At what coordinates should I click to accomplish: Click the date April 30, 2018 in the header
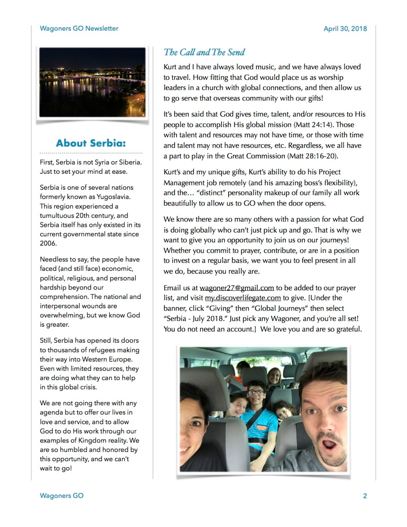[345, 29]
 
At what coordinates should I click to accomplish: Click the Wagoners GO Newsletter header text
[79, 29]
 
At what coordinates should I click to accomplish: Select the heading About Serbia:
[91, 143]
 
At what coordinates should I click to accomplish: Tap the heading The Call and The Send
[204, 52]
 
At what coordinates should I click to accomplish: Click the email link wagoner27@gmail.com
[236, 288]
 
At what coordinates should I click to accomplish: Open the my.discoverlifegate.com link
[242, 298]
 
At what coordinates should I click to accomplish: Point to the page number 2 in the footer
[365, 496]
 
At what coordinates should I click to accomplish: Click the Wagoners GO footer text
[62, 496]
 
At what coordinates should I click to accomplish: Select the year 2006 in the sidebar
[48, 243]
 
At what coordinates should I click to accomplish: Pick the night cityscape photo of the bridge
[92, 82]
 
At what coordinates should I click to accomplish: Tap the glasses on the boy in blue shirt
[256, 392]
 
